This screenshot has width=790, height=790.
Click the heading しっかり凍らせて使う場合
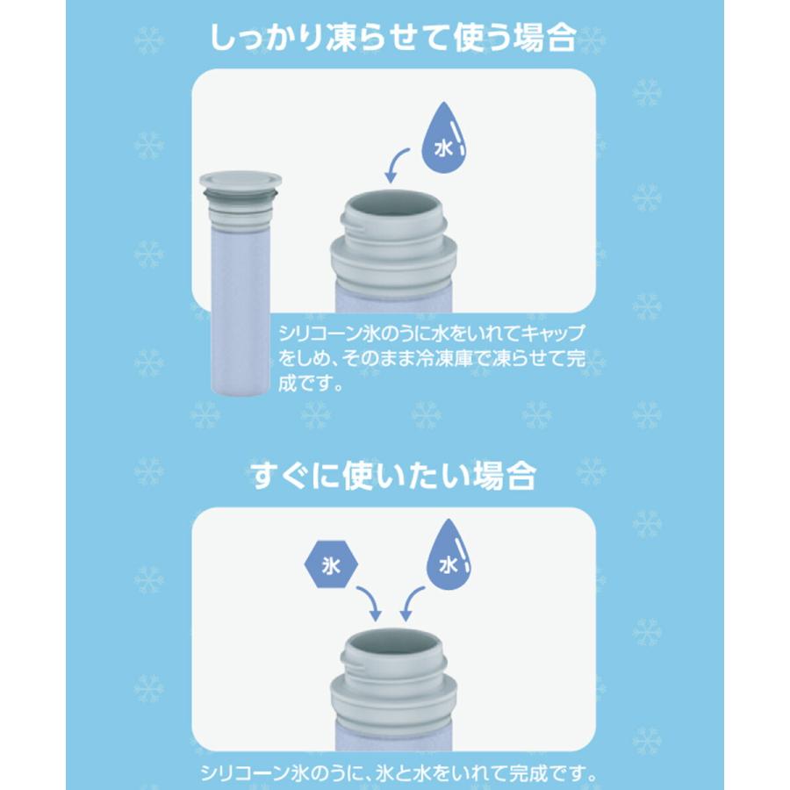394,38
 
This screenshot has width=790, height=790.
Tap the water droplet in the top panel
446,141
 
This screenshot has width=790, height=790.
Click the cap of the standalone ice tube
240,183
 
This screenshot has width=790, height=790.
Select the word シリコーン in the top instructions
314,334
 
